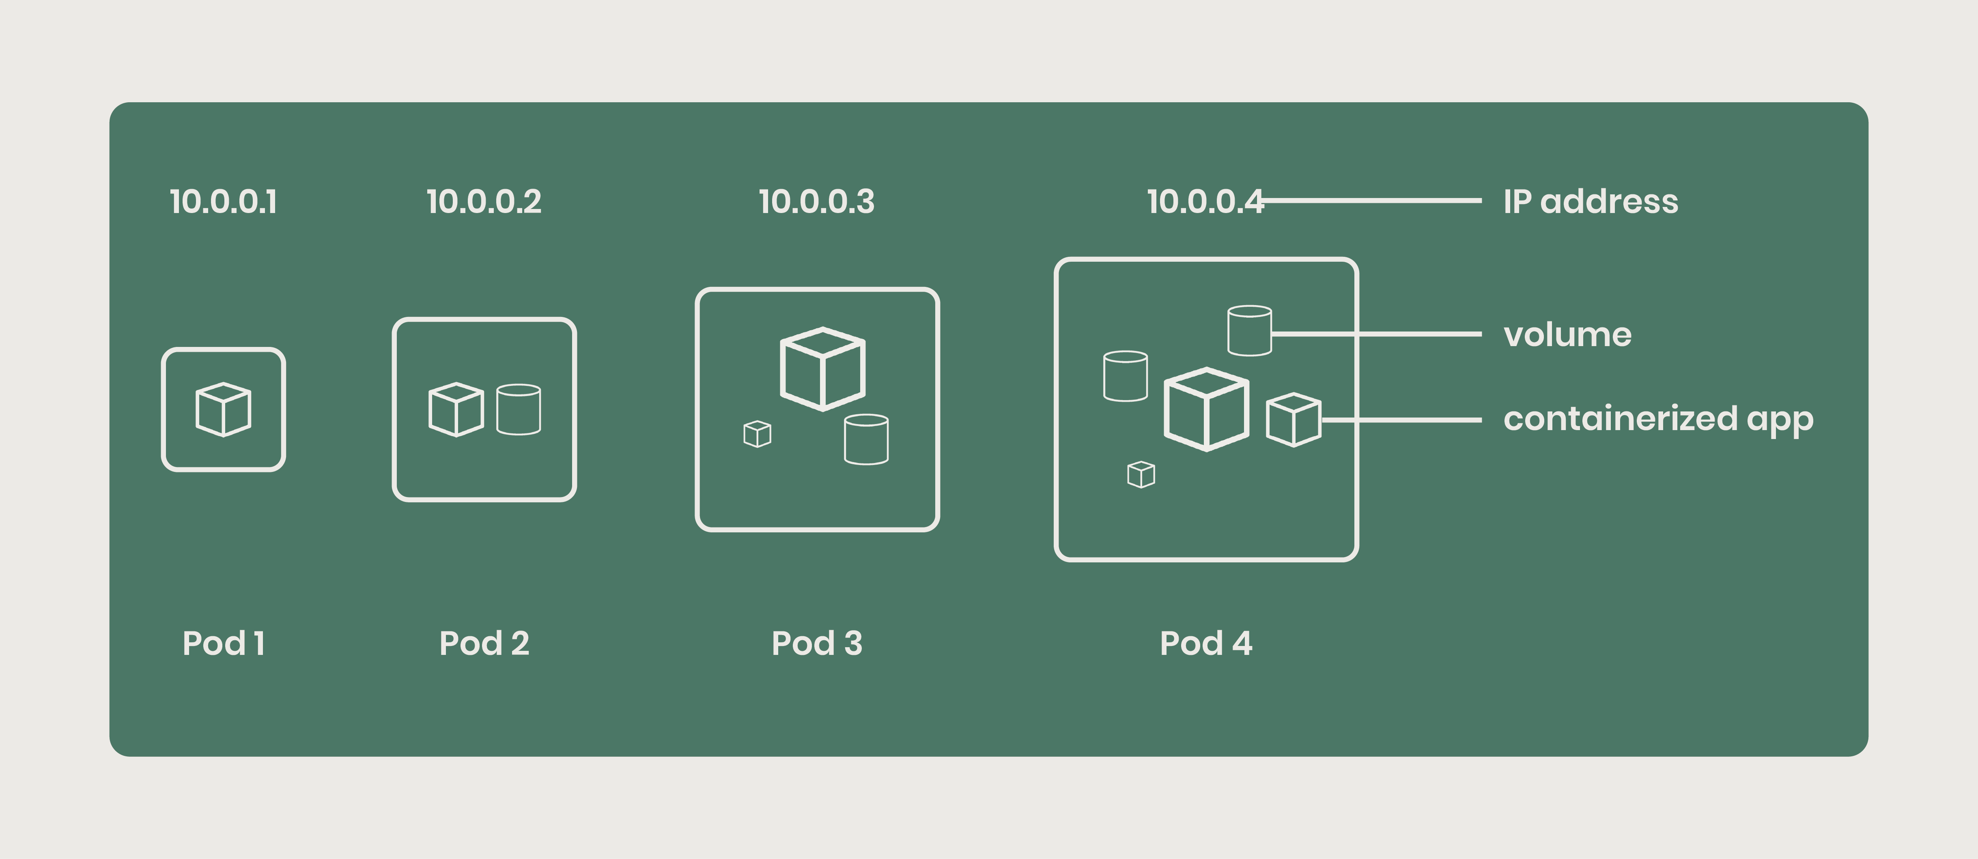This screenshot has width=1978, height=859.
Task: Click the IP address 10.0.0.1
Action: coord(223,202)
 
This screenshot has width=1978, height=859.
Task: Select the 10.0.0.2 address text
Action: coord(484,202)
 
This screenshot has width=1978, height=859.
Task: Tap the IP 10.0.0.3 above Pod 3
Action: coord(816,202)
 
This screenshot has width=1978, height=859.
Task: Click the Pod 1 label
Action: coord(224,643)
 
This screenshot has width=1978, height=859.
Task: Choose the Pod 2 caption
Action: coord(484,643)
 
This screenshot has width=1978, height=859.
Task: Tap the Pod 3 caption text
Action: coord(816,643)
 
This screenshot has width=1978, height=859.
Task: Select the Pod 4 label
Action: coord(1205,643)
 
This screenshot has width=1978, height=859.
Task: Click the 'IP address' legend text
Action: coord(1590,202)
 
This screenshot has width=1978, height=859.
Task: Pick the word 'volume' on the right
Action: coord(1567,335)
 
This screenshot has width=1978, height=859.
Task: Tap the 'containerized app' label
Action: coord(1658,419)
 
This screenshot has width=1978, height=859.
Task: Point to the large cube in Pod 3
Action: coord(822,369)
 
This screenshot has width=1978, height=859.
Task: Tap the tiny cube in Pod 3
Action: coord(757,434)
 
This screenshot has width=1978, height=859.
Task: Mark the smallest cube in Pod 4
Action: coord(1141,474)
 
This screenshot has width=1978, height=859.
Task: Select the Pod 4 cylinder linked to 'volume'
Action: coord(1249,331)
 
